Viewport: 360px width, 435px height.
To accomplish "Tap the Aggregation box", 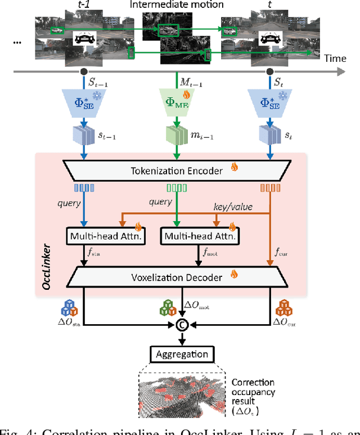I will click(x=181, y=355).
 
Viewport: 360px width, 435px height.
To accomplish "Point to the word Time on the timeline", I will click(x=334, y=59).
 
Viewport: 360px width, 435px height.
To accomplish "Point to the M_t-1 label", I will click(x=191, y=82).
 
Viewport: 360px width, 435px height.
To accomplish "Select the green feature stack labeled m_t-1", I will click(x=175, y=136).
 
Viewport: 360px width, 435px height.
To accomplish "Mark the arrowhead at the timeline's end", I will click(x=342, y=71).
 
